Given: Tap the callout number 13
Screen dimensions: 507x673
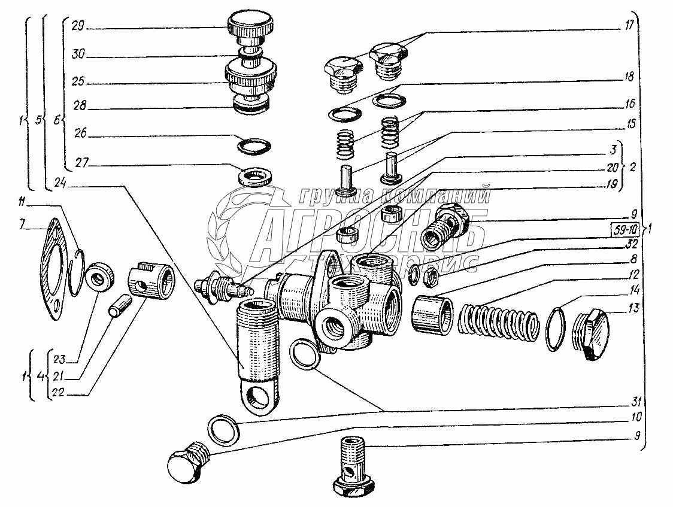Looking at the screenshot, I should click(x=633, y=308).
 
